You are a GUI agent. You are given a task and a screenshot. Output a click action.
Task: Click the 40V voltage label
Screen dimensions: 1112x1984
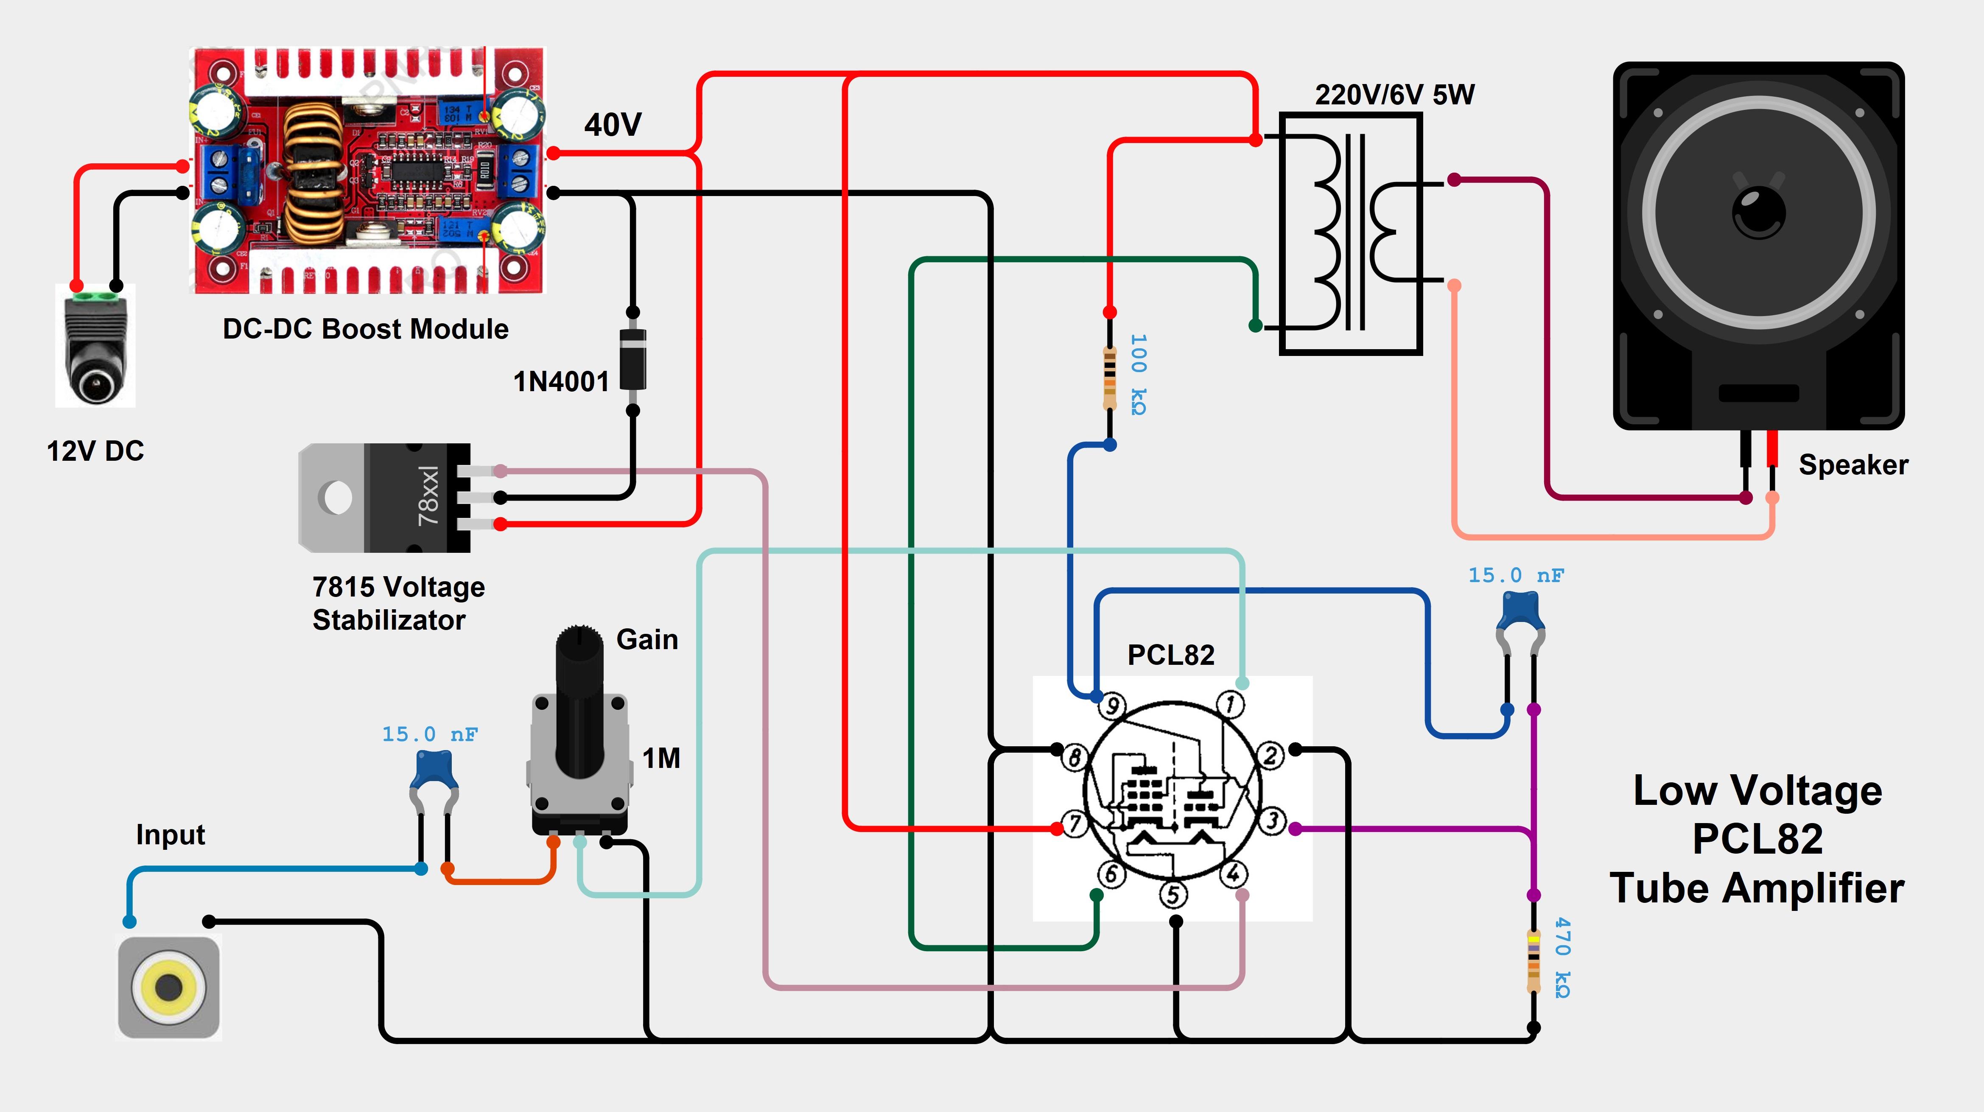pos(612,125)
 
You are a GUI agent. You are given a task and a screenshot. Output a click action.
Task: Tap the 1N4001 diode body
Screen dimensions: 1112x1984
pos(632,360)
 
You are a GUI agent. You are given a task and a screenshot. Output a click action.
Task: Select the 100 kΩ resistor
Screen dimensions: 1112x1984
pos(1109,377)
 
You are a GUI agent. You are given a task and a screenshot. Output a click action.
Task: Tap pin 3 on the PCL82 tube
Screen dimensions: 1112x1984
pos(1272,821)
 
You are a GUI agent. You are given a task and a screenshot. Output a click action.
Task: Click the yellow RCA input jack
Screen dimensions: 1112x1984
pos(169,986)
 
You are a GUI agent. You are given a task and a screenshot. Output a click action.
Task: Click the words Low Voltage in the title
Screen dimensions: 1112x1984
pos(1757,791)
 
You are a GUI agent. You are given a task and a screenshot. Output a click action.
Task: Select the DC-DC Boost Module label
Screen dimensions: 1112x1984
pos(365,329)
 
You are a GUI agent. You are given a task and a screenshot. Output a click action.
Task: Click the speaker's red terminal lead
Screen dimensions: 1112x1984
pos(1772,451)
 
